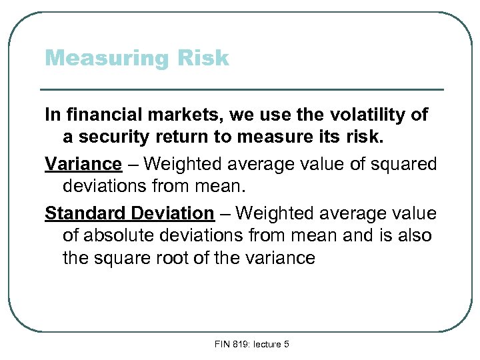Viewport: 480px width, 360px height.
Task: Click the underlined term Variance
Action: (83, 164)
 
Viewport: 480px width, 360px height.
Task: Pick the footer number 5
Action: (285, 344)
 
